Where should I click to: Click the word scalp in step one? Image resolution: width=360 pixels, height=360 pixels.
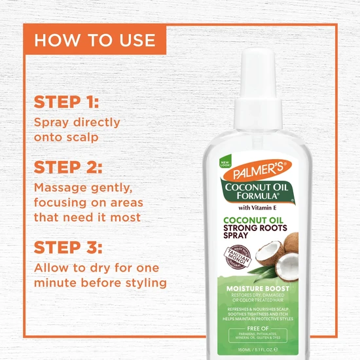click(x=84, y=137)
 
